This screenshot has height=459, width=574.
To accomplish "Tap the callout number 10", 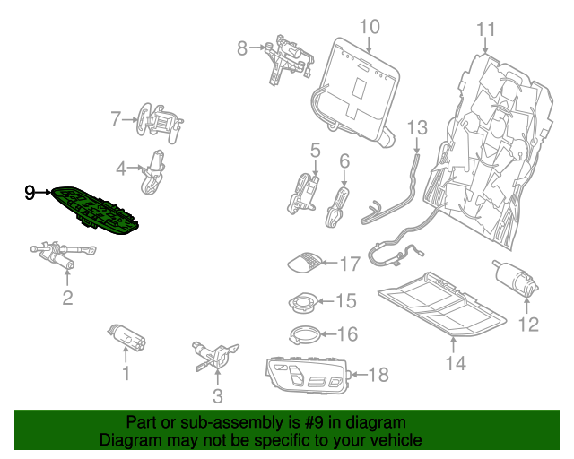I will point(370,26).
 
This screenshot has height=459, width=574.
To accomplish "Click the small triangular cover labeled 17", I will point(302,262).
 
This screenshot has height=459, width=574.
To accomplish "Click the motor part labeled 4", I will point(153,169).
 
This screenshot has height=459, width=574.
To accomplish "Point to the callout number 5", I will point(315,149).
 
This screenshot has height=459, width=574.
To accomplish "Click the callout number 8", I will point(241,48).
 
